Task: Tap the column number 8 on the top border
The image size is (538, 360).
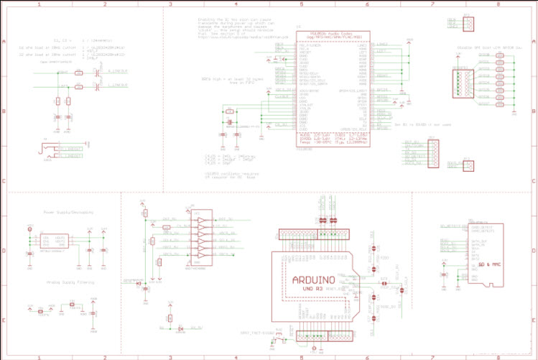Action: click(x=498, y=4)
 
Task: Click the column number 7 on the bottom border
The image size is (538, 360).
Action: click(x=433, y=356)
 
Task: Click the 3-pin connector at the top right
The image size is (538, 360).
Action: click(x=468, y=23)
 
